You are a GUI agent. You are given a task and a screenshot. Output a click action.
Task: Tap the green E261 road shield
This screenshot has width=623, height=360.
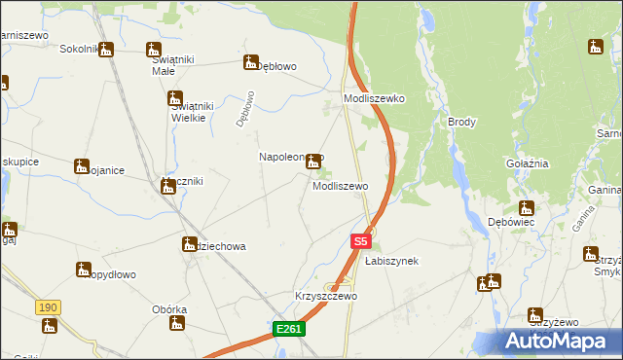click(289, 330)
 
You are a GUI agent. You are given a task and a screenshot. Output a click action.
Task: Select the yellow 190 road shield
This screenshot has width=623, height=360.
click(48, 307)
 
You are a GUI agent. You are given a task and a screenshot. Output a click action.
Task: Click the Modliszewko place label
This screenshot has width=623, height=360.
click(374, 99)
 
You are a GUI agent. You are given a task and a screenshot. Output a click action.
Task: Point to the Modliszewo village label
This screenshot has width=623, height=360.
click(340, 186)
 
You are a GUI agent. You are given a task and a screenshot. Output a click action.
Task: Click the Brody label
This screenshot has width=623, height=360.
click(461, 122)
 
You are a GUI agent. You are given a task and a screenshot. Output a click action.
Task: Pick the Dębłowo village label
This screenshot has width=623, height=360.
click(275, 66)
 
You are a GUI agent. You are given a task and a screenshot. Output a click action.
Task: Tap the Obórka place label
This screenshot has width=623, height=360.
click(168, 309)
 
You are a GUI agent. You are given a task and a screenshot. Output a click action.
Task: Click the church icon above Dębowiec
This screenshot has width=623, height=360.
click(526, 207)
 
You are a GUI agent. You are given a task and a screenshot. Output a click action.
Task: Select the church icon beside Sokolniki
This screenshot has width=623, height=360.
click(105, 50)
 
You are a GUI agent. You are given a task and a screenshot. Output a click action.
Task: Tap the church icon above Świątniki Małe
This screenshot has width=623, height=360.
click(154, 50)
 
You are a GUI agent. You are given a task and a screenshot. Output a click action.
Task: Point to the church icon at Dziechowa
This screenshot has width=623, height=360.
click(189, 244)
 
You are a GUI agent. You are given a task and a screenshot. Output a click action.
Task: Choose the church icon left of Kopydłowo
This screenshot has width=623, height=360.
click(83, 269)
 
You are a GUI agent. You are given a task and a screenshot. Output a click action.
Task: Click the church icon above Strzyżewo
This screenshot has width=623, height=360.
click(534, 314)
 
